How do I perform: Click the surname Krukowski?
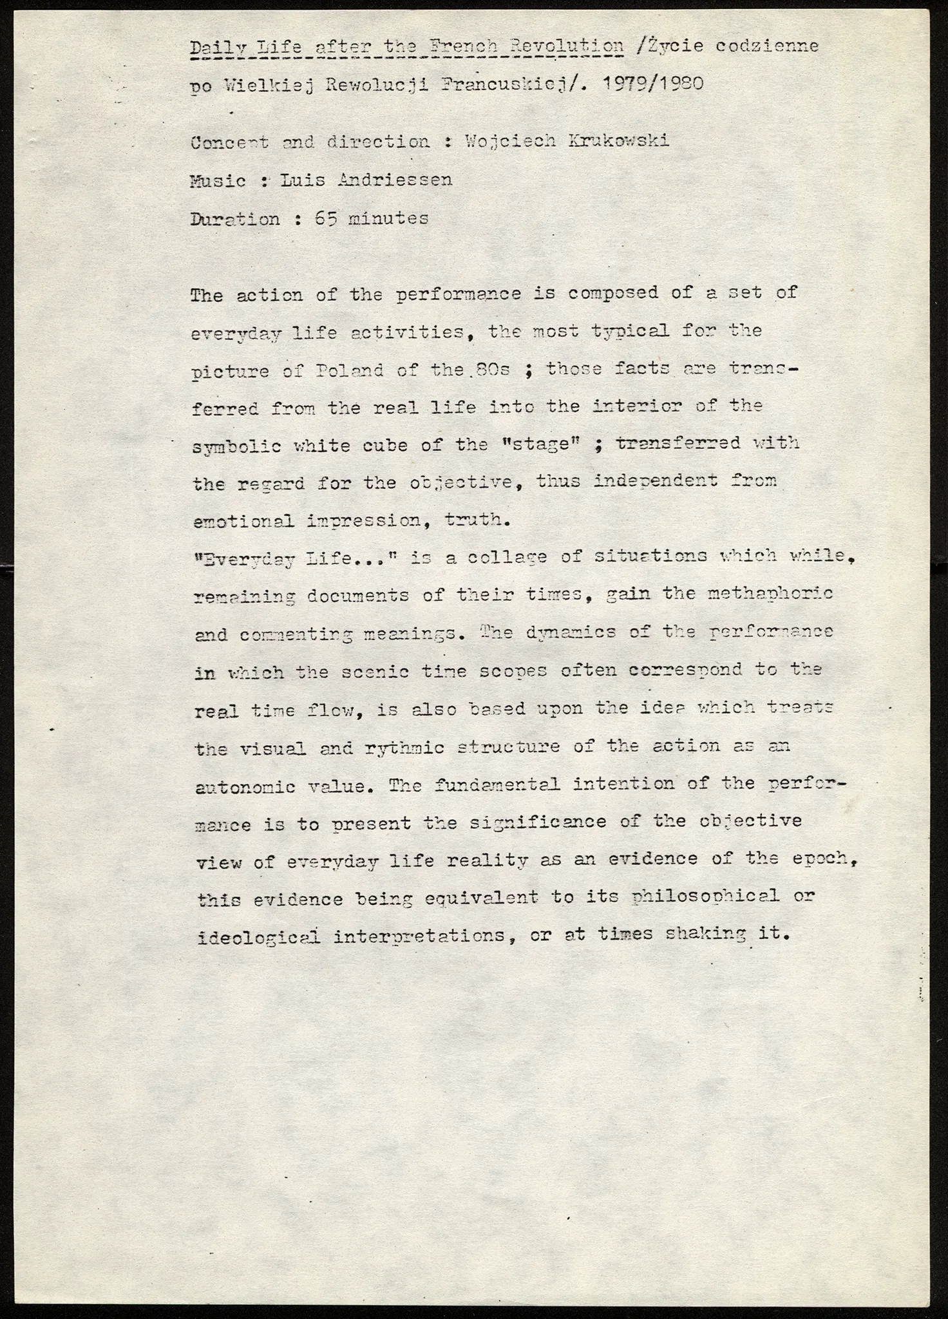(619, 141)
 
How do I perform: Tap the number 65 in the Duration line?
(326, 218)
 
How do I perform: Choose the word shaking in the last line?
(705, 934)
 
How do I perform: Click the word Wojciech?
(507, 141)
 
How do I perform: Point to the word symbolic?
(237, 446)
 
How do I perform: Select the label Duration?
(236, 219)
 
